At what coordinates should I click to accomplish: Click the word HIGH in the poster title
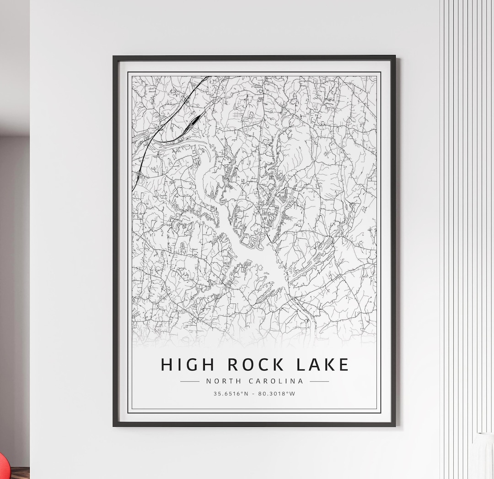point(187,365)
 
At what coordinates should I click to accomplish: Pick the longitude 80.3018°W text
point(276,393)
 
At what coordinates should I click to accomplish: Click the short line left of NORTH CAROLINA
point(190,381)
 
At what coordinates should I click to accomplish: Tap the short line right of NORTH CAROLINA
point(319,381)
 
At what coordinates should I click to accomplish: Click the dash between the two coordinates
point(254,393)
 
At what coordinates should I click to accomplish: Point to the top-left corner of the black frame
point(114,57)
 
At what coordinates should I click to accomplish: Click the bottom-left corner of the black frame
point(114,425)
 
